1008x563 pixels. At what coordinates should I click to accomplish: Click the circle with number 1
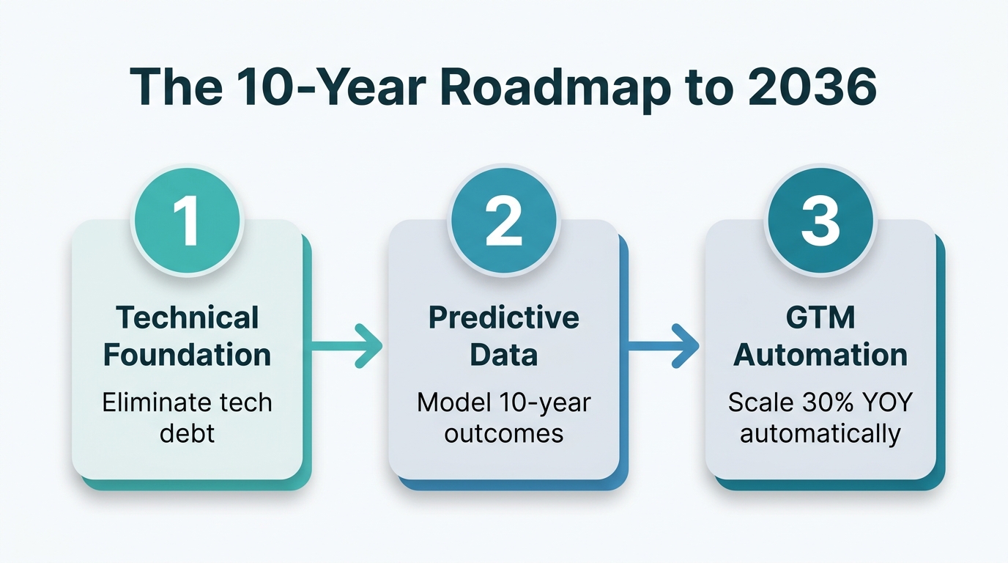187,221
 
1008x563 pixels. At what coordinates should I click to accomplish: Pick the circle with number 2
504,221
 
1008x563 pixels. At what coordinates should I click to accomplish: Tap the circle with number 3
820,221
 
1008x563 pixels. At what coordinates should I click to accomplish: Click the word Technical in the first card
188,318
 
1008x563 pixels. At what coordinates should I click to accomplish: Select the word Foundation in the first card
188,355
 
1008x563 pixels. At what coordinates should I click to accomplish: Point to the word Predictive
504,318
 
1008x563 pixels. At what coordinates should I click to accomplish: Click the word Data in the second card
504,355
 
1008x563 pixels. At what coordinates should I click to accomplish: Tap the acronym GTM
820,318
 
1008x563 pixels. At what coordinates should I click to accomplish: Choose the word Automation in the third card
820,355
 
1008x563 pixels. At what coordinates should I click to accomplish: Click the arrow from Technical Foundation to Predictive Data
346,346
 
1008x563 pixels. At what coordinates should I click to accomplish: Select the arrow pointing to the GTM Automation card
664,346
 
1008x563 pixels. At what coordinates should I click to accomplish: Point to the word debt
188,433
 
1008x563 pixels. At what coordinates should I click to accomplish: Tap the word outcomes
504,433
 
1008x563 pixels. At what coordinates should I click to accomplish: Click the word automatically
820,433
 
